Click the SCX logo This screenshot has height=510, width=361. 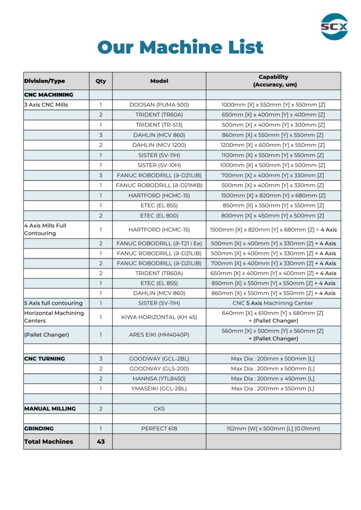[x=334, y=26]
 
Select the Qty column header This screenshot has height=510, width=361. [x=101, y=81]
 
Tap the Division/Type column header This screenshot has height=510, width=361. [x=44, y=81]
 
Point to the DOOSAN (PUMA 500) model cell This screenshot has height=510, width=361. [x=159, y=105]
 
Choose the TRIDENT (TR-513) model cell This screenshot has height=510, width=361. [x=159, y=125]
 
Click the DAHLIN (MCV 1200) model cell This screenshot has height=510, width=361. [x=159, y=145]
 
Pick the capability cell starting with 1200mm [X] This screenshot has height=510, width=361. [x=273, y=145]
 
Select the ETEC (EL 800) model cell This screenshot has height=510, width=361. [x=159, y=216]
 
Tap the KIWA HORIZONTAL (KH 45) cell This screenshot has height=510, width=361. [x=159, y=317]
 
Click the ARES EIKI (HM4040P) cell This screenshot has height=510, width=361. [x=159, y=335]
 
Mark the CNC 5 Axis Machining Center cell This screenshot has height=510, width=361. [x=273, y=303]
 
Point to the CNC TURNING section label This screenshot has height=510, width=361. [x=44, y=359]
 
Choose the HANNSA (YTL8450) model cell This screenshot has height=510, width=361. [x=159, y=379]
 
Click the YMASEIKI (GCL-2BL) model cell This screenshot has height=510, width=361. [x=159, y=388]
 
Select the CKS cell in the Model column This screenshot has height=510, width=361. [x=159, y=408]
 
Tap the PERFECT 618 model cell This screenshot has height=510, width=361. [x=159, y=428]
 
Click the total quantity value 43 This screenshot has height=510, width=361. [x=101, y=441]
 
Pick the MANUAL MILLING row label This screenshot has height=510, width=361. [x=50, y=408]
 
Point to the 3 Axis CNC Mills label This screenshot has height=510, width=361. [x=46, y=105]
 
